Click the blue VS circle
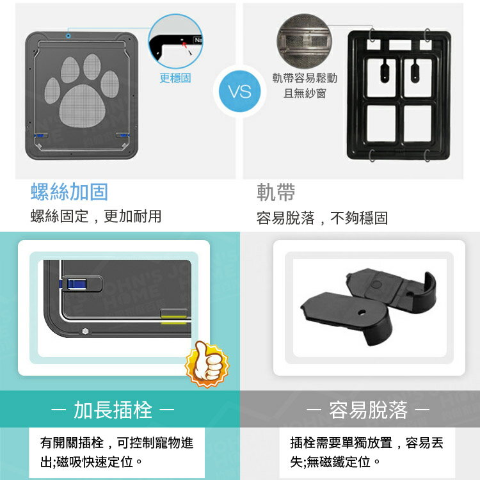[240, 92]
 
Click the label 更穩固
[175, 78]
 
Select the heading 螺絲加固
[69, 192]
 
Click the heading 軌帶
[276, 192]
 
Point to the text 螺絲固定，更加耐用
[96, 216]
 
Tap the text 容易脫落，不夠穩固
[322, 218]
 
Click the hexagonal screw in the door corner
[84, 331]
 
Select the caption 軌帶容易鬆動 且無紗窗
[304, 86]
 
